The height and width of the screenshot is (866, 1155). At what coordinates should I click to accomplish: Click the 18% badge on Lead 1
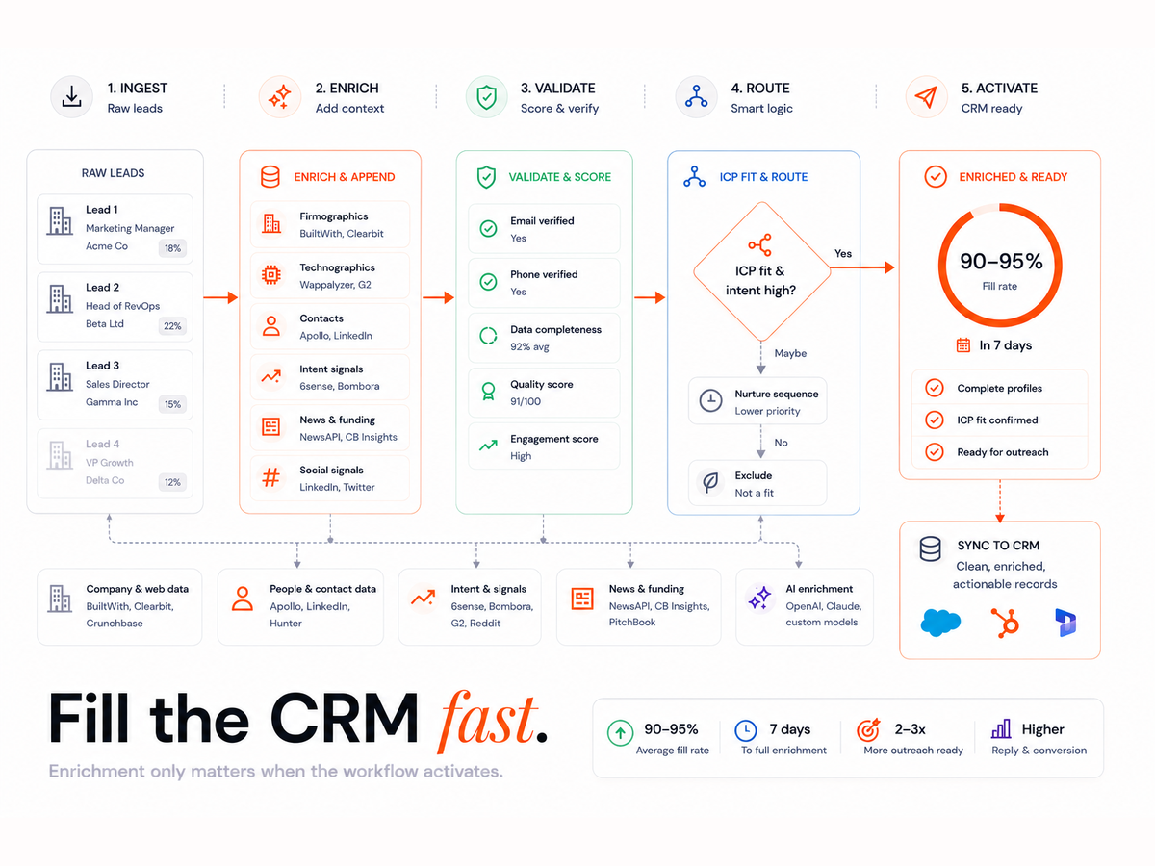172,248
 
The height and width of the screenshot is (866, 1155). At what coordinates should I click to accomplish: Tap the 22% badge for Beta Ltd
172,326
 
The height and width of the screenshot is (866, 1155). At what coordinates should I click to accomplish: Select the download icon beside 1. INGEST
71,97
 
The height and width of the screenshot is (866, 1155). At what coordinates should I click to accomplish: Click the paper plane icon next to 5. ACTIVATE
926,97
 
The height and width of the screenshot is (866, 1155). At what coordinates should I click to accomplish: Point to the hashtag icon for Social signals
271,477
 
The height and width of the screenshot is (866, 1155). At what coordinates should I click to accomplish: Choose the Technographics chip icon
271,275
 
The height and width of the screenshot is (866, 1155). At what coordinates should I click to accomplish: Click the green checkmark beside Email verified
488,229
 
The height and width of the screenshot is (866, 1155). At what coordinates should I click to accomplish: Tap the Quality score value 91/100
526,401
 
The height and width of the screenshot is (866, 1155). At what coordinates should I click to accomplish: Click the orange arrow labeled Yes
862,267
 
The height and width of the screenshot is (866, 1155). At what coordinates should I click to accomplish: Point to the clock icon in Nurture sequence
710,400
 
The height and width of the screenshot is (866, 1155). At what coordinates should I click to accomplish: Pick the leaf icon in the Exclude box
710,482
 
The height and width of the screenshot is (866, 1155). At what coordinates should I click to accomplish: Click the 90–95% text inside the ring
1001,262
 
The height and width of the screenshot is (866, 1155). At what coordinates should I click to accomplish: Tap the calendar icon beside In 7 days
962,344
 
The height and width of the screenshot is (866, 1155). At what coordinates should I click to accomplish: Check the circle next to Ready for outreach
934,451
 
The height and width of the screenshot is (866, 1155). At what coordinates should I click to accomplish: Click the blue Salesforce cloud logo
940,623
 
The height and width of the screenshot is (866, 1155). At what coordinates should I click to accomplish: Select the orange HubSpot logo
1005,623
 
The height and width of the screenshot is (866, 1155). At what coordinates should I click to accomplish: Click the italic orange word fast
487,722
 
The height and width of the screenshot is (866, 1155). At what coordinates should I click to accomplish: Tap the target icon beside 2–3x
868,729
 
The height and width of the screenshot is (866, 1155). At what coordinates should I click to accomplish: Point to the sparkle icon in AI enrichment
759,598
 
